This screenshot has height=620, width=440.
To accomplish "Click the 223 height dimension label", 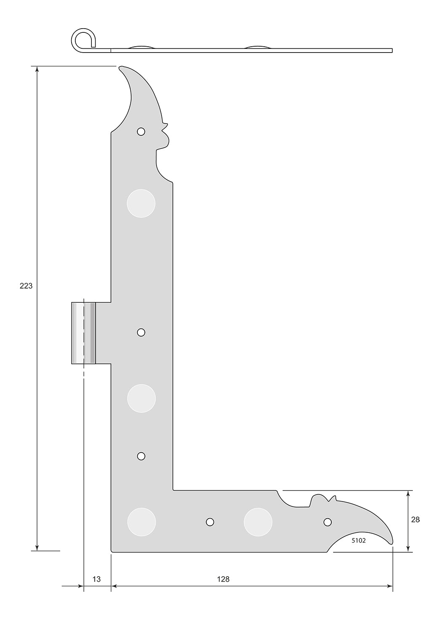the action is tap(26, 286).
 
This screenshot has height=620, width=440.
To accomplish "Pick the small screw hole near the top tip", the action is tap(141, 132).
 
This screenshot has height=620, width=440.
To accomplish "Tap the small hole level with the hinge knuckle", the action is tap(141, 332).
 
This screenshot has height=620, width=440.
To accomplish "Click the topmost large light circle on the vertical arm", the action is tap(141, 204).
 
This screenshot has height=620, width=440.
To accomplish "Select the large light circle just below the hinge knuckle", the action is tap(141, 398).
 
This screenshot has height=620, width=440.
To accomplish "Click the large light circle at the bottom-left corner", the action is tap(141, 522).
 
